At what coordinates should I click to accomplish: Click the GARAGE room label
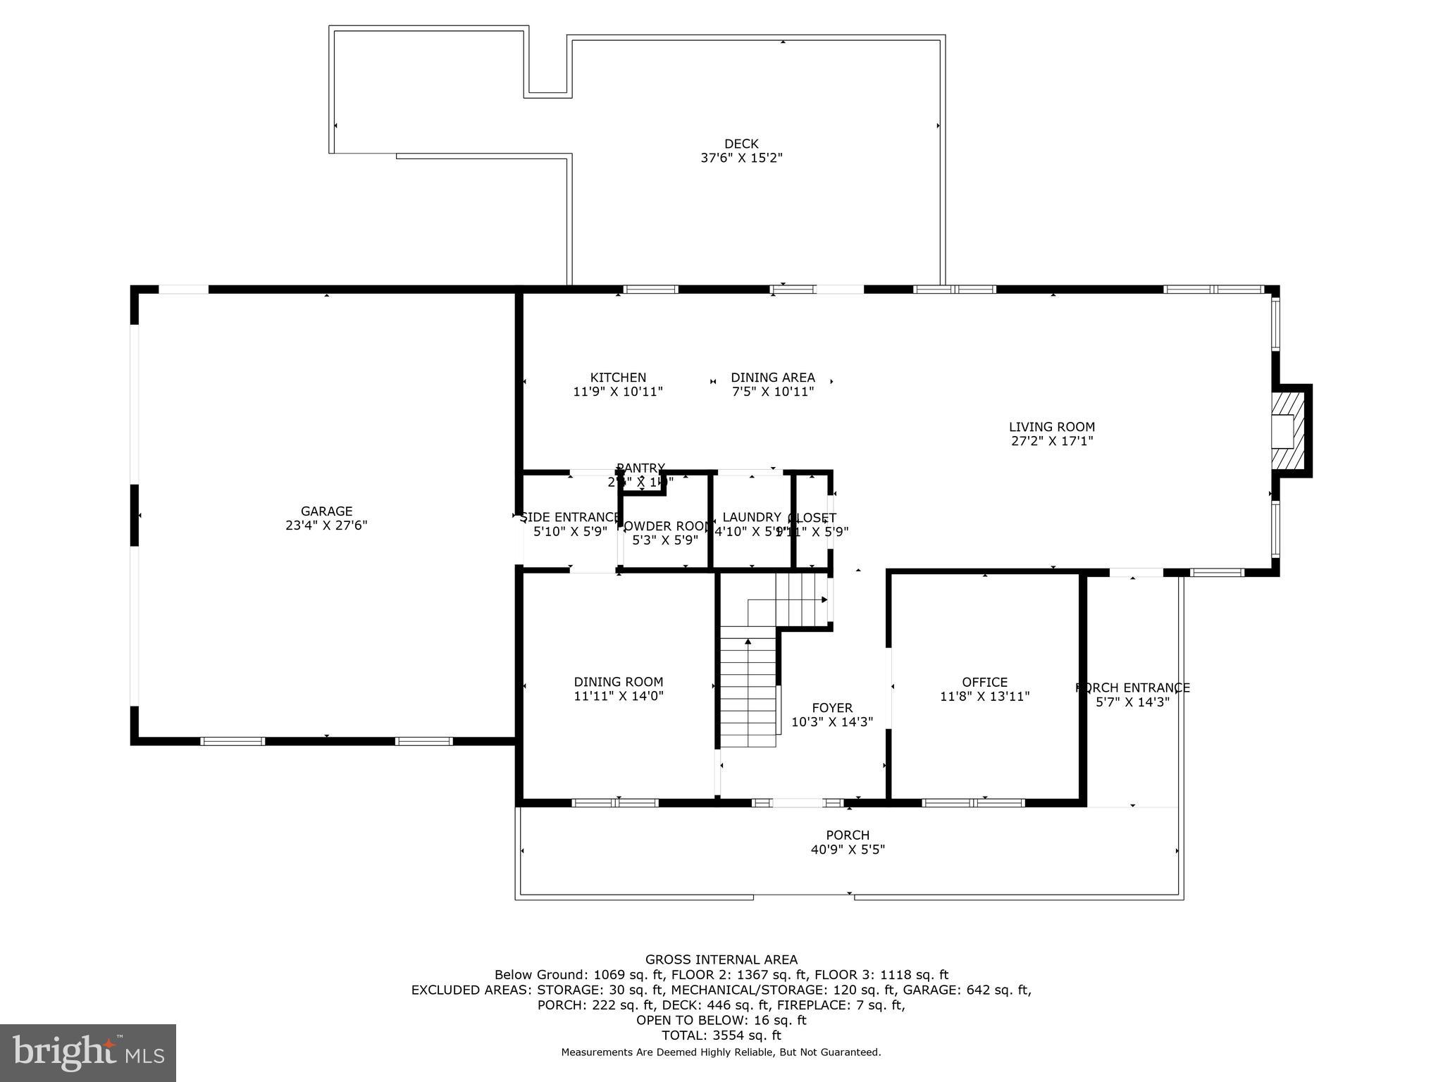(326, 511)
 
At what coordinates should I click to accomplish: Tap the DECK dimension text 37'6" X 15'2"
(741, 158)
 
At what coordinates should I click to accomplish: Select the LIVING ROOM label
(1051, 427)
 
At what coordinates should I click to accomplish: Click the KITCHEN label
(618, 378)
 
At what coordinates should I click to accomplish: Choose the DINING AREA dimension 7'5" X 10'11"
(772, 392)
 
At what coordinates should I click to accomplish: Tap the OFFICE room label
(984, 682)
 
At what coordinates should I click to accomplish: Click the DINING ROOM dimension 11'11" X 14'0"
(618, 697)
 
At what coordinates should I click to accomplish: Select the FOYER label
(831, 708)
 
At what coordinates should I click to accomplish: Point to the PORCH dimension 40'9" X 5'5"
(848, 850)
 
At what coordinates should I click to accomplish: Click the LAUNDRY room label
(751, 518)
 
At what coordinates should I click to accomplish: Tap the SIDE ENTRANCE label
(569, 518)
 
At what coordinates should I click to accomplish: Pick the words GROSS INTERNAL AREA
(721, 959)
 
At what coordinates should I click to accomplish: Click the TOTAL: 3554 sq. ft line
(721, 1036)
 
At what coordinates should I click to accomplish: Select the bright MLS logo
(87, 1052)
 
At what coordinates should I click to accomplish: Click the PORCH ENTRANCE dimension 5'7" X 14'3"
(1132, 702)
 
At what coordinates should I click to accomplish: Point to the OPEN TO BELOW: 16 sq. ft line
(721, 1020)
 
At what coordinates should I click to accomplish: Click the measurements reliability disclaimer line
(721, 1052)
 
